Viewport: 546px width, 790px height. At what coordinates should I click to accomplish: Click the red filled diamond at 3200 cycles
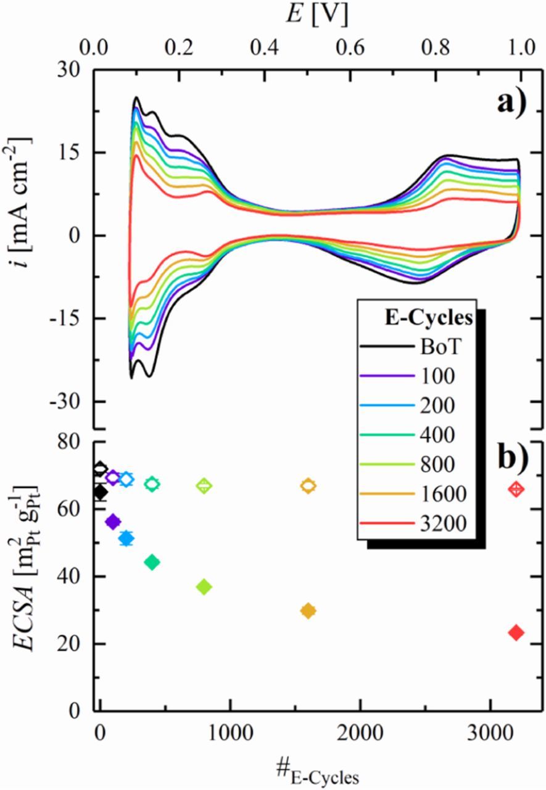[x=516, y=632]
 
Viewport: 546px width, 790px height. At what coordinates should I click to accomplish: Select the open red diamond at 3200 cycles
[x=516, y=489]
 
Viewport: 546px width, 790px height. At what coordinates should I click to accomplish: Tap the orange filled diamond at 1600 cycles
[x=308, y=610]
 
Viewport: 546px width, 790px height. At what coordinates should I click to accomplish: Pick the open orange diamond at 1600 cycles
[x=308, y=486]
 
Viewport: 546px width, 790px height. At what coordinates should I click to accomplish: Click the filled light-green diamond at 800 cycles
[x=204, y=586]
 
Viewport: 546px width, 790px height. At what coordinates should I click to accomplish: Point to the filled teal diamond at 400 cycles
[x=152, y=562]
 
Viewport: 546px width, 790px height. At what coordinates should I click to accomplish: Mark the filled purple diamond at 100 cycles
[x=113, y=522]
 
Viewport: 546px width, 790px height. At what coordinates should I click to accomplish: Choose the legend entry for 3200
[x=434, y=524]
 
